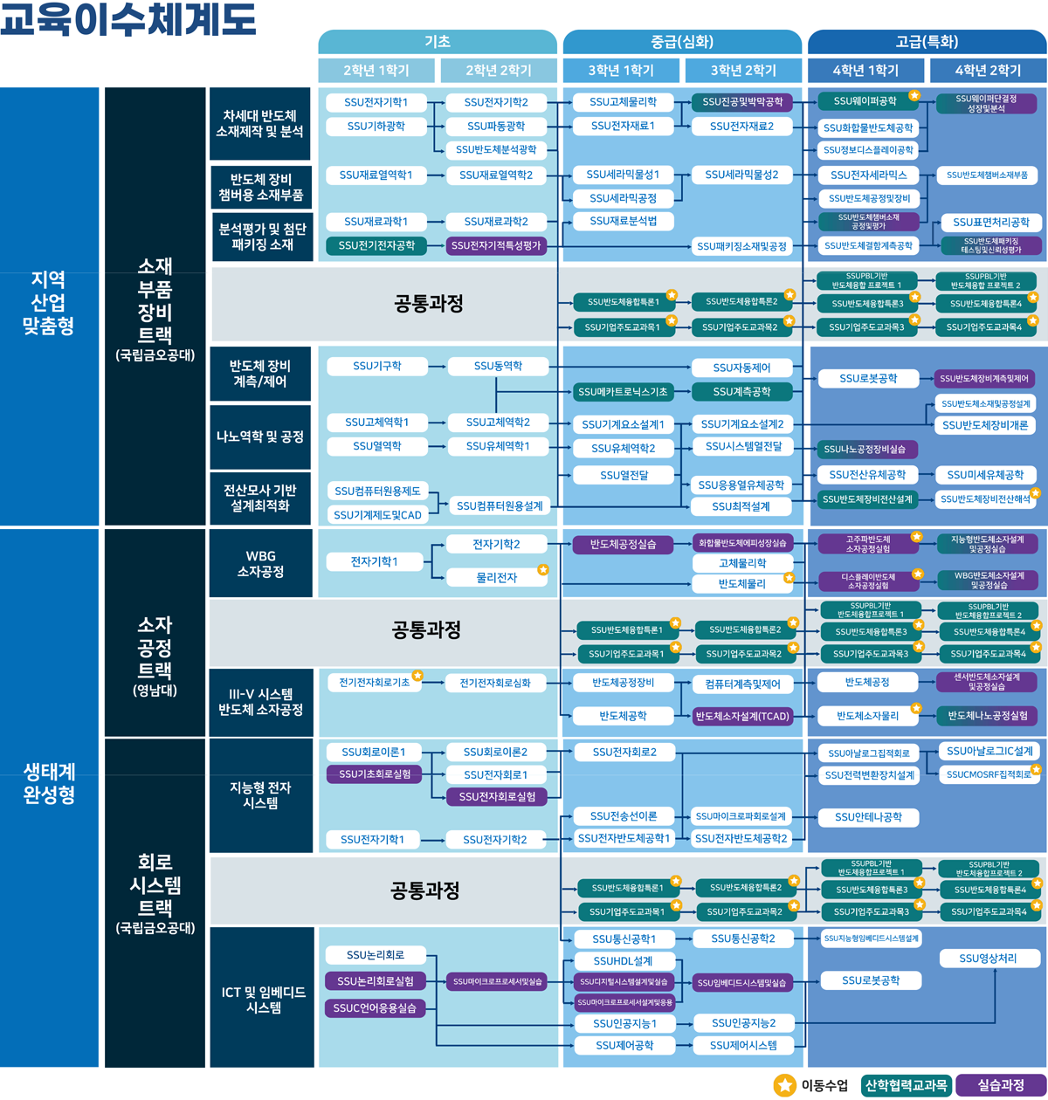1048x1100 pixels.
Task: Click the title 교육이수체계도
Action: (128, 20)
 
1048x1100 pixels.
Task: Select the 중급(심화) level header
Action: (682, 41)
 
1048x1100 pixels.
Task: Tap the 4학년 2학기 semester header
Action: (988, 71)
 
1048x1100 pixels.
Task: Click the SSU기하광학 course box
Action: (376, 127)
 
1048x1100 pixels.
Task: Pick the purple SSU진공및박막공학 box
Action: (742, 102)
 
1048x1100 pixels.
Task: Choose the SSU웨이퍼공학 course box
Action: (865, 101)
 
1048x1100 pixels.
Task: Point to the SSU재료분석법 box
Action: (623, 222)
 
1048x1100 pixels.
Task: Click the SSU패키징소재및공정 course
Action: (742, 246)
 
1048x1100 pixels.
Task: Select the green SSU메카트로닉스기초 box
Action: (623, 392)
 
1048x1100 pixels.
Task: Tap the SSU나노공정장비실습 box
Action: (865, 450)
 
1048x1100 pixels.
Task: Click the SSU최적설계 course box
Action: (741, 506)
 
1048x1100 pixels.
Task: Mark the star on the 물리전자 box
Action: (542, 570)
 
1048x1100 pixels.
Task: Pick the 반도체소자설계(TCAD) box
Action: (742, 716)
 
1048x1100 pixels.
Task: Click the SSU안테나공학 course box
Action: (867, 817)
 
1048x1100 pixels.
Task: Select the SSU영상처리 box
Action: (988, 959)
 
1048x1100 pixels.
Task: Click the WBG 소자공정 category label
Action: (260, 564)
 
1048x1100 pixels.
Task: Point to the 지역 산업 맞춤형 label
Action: (50, 302)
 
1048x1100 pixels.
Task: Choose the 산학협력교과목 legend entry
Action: (906, 1085)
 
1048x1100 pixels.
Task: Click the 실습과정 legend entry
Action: (1001, 1085)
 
